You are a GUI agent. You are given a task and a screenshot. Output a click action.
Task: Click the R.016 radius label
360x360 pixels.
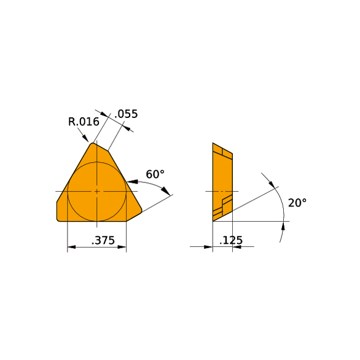84,122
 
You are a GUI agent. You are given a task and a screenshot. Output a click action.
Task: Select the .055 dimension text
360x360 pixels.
126,114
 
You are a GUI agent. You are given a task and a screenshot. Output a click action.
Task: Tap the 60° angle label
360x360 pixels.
155,174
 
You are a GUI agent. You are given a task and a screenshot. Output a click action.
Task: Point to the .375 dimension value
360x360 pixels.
103,240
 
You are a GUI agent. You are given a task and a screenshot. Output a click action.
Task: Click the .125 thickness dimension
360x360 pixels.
231,240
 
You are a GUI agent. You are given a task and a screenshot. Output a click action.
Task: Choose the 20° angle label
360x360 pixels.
297,203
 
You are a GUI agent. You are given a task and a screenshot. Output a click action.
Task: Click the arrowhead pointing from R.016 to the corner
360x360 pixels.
85,138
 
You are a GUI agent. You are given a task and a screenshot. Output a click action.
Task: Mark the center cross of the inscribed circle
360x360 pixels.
97,191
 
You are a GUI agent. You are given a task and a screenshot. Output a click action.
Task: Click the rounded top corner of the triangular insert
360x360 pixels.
93,144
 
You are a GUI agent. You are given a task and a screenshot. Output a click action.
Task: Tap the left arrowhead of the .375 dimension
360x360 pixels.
71,247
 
